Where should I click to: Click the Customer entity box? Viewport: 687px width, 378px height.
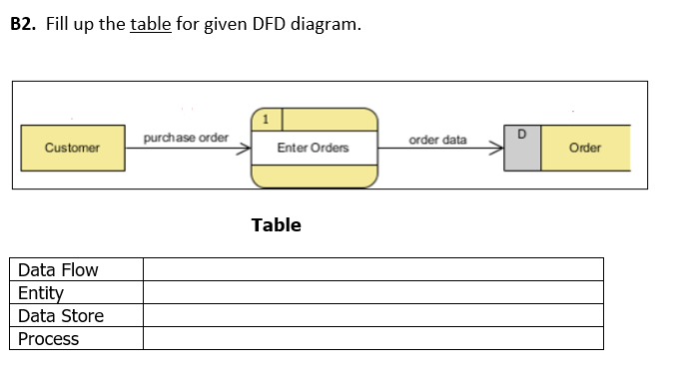pos(72,148)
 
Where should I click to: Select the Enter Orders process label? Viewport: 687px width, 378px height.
pos(314,148)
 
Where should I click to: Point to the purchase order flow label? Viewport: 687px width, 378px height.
pos(186,137)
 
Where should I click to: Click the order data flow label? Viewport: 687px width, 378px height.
pos(437,140)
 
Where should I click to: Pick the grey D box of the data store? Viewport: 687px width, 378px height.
pos(522,148)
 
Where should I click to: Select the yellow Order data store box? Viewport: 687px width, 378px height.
pos(585,148)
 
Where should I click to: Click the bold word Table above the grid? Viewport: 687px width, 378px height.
pos(277,225)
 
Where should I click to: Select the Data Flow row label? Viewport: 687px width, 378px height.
pos(58,270)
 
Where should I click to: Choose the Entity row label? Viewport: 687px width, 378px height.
pos(41,293)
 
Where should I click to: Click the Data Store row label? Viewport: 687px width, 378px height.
pos(61,316)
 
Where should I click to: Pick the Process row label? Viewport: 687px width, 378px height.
pos(48,339)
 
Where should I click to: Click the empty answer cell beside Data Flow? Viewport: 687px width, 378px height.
pos(372,270)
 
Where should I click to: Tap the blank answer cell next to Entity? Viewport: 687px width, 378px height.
pos(372,293)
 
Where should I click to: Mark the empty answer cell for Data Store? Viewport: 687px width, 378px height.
pos(372,316)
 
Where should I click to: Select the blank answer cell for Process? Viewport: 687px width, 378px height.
pos(372,339)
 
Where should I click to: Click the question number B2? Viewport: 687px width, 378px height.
pos(23,24)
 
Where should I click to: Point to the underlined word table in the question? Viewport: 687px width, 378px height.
pos(151,24)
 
